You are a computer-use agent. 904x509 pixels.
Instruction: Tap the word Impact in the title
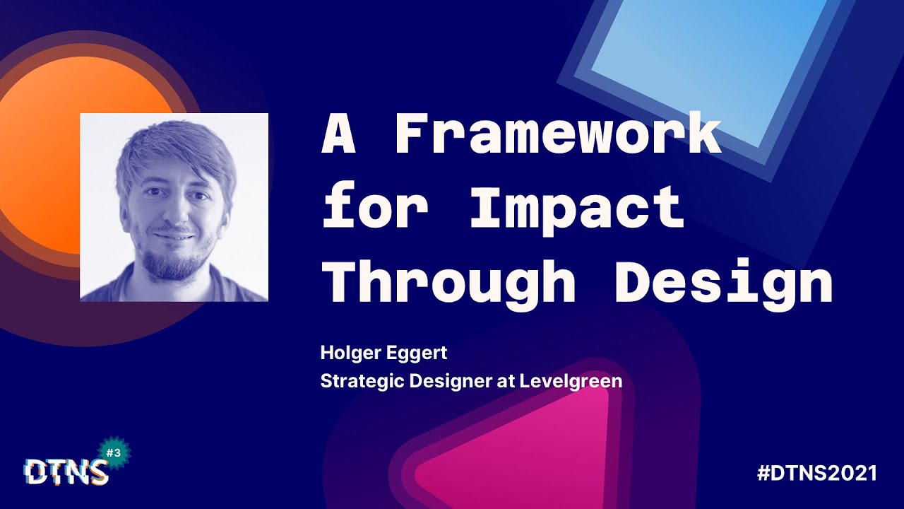click(x=577, y=208)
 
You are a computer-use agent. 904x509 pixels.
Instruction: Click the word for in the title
click(x=375, y=208)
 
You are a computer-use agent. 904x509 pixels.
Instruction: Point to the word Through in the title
click(x=448, y=281)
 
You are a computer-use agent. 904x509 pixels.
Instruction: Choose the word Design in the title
click(x=723, y=281)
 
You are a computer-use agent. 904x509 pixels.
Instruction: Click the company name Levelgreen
click(x=571, y=381)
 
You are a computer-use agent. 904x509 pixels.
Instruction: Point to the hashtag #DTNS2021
click(x=816, y=473)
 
